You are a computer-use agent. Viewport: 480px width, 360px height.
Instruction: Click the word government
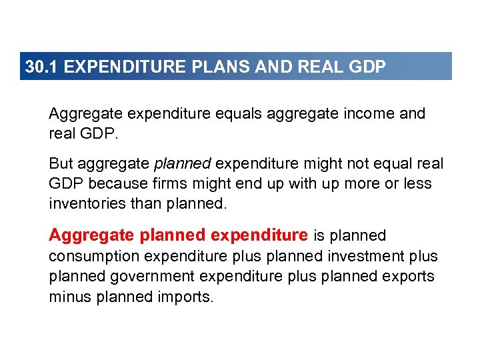coord(154,276)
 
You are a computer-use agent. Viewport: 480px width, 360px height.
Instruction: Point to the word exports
coord(411,276)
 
